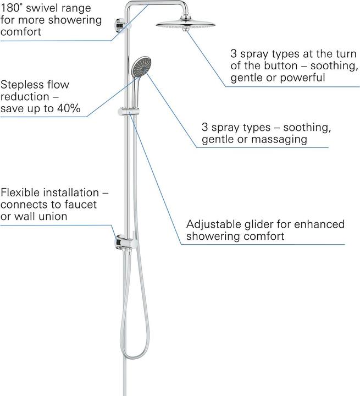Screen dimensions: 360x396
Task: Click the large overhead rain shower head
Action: point(186,24)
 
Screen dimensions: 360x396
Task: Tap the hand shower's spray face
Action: point(141,65)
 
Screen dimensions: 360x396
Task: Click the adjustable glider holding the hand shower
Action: point(128,111)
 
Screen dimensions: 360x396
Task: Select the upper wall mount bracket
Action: point(119,25)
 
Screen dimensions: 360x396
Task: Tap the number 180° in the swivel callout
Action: point(10,8)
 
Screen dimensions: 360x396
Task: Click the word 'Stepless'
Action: point(21,85)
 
